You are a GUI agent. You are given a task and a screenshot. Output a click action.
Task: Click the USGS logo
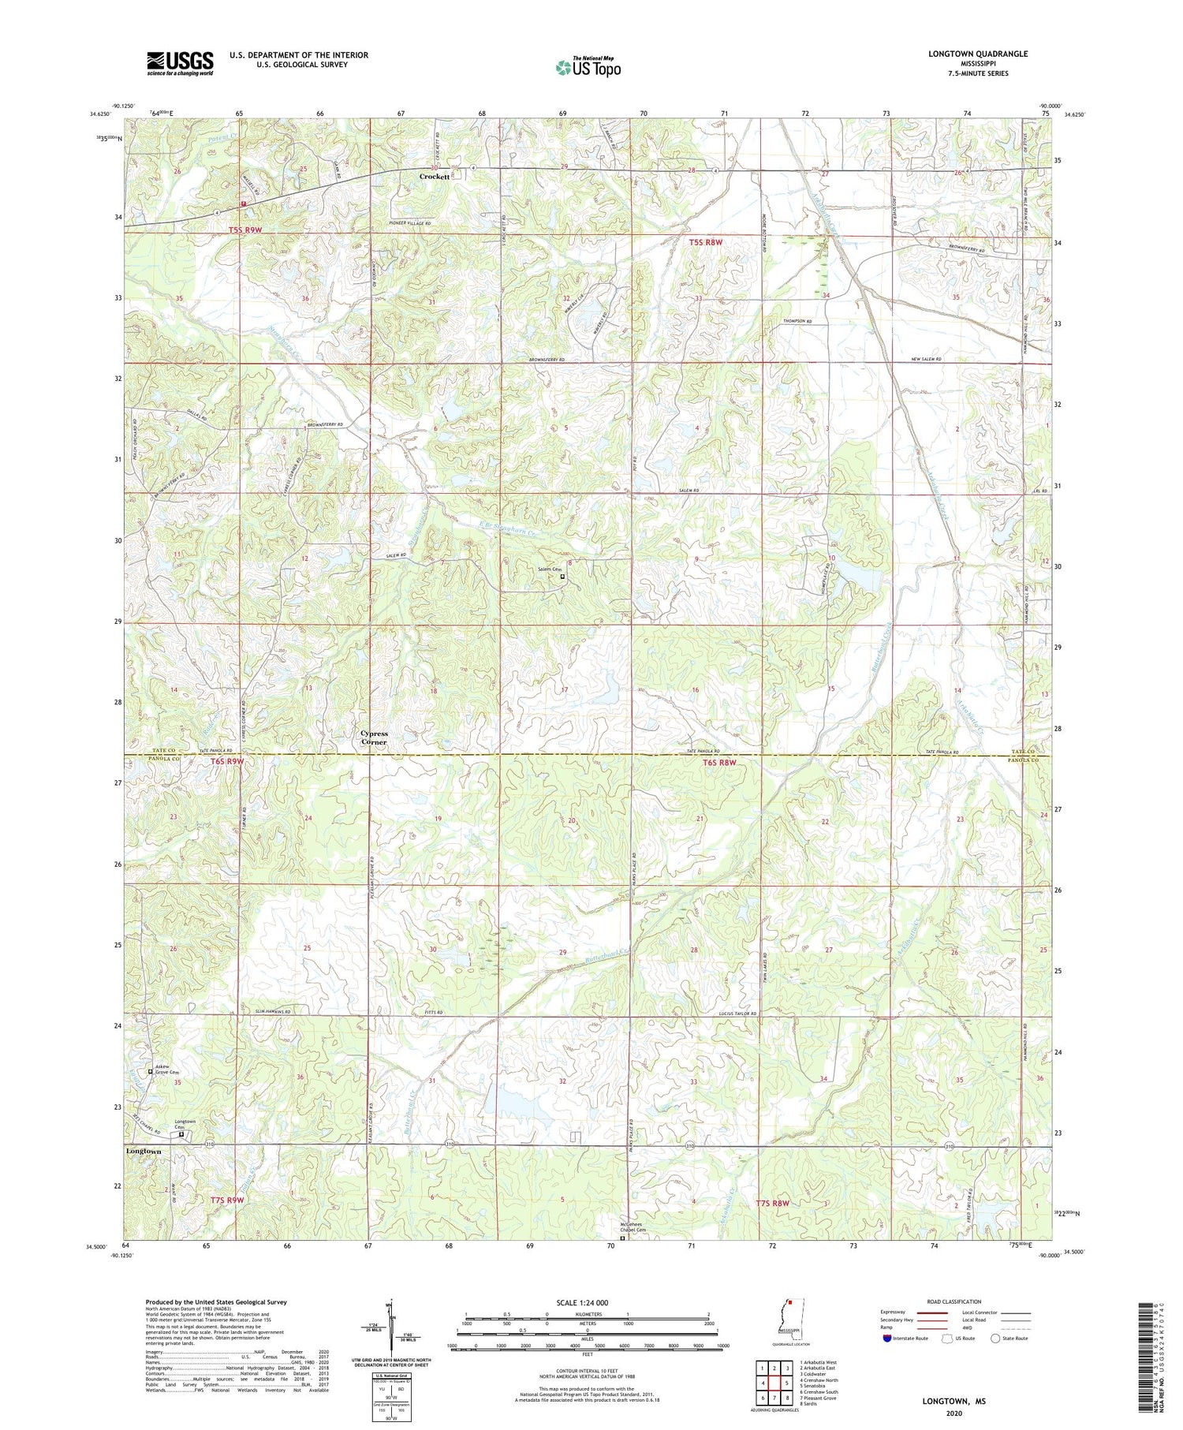point(180,63)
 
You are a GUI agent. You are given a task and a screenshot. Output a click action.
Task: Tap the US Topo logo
point(588,68)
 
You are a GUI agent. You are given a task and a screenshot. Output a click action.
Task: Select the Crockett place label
point(435,177)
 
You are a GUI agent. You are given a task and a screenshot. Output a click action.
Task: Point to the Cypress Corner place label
point(374,737)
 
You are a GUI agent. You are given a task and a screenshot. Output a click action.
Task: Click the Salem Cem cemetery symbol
point(562,577)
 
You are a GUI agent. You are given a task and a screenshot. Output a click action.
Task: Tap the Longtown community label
point(144,1152)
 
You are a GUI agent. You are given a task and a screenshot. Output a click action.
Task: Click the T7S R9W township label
point(227,1200)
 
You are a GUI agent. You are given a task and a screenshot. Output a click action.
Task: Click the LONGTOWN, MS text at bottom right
point(953,1401)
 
